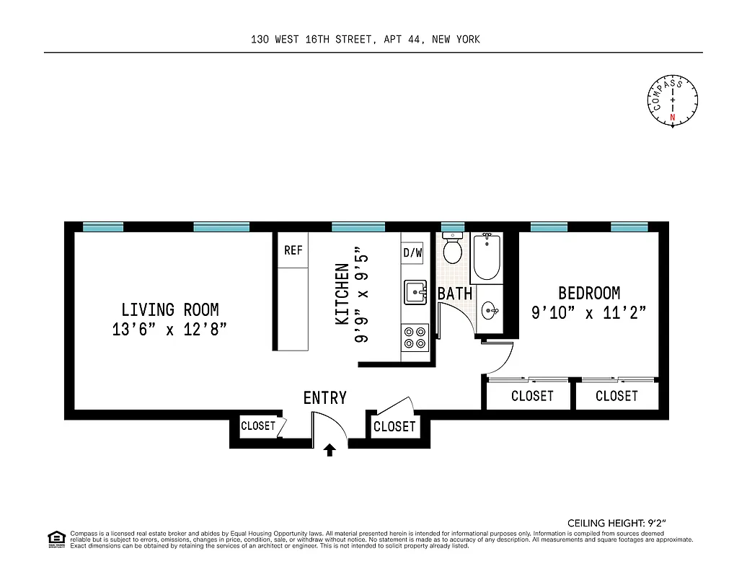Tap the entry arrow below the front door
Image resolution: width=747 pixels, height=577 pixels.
click(x=330, y=451)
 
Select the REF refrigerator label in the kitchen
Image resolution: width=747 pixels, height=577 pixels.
click(x=293, y=250)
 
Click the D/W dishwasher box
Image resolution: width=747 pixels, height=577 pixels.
click(x=412, y=252)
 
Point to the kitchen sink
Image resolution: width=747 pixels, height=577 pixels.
click(x=415, y=292)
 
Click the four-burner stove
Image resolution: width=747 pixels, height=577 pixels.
click(x=415, y=337)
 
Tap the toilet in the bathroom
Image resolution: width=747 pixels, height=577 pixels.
click(x=453, y=249)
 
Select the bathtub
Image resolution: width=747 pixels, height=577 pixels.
click(x=487, y=257)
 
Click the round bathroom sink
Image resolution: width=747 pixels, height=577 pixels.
click(x=489, y=312)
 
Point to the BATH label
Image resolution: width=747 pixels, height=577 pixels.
click(x=455, y=294)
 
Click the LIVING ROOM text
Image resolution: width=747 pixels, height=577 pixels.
click(x=169, y=310)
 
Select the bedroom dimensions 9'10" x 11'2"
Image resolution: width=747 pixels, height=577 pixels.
click(x=588, y=313)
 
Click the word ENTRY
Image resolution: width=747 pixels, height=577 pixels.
click(x=324, y=398)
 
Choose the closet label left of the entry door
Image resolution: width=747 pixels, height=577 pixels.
click(x=257, y=426)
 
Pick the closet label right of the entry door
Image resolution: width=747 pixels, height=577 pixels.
click(x=394, y=427)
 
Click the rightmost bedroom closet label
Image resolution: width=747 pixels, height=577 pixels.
click(x=616, y=396)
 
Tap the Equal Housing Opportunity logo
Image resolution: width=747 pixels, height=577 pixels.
click(x=56, y=538)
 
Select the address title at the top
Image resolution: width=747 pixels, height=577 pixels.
click(x=365, y=40)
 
